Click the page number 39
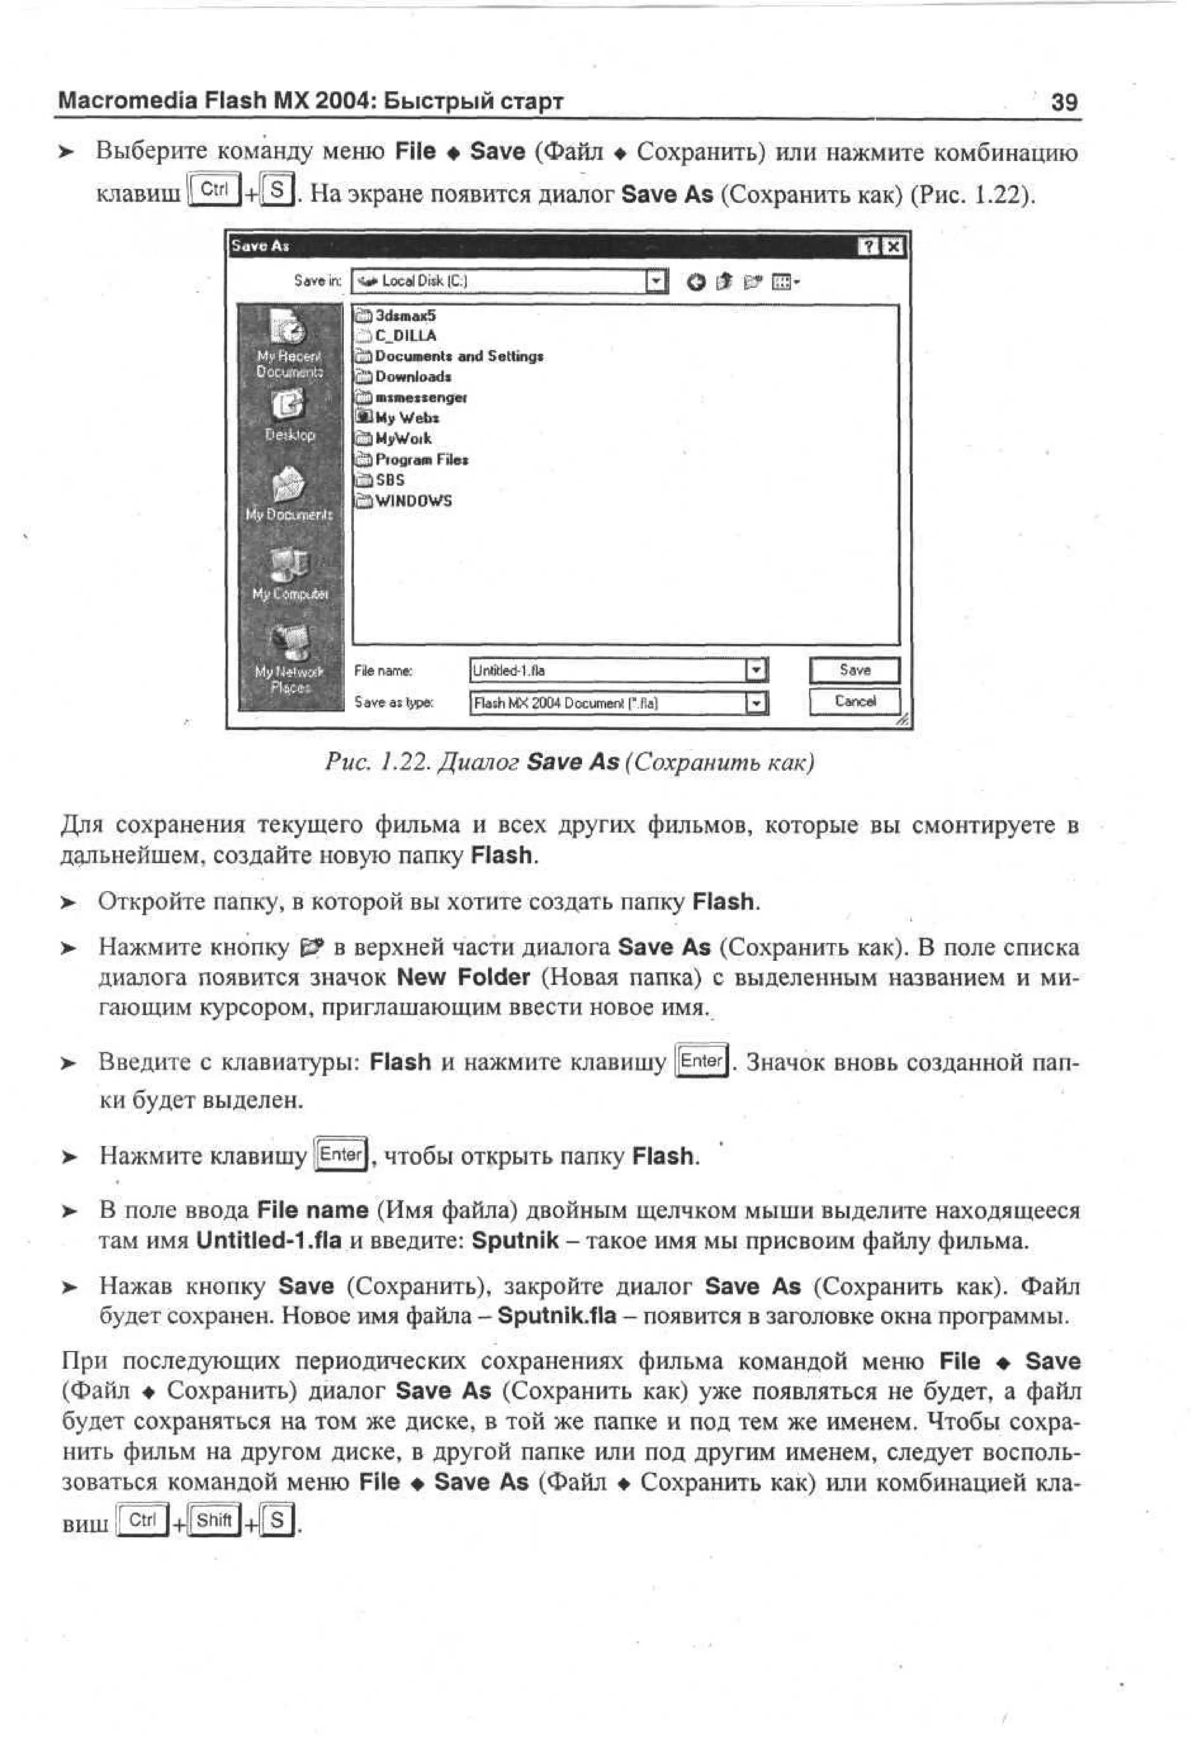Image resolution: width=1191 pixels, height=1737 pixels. [x=1064, y=102]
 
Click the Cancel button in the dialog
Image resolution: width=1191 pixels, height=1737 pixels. [x=854, y=701]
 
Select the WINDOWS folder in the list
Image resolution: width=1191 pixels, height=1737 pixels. [x=413, y=501]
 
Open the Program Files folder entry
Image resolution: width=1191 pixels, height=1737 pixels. [x=421, y=460]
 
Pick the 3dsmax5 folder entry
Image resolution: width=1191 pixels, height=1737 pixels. [x=405, y=316]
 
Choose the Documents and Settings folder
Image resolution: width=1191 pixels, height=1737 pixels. [x=458, y=356]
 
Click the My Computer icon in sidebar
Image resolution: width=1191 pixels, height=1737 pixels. [x=290, y=564]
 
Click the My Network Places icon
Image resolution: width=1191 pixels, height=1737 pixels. [x=290, y=643]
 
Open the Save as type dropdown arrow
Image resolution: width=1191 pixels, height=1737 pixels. [x=757, y=703]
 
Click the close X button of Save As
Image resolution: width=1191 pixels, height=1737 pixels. [x=893, y=246]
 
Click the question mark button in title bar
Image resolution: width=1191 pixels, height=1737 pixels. [x=869, y=246]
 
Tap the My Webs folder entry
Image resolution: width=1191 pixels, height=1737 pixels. [x=406, y=418]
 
